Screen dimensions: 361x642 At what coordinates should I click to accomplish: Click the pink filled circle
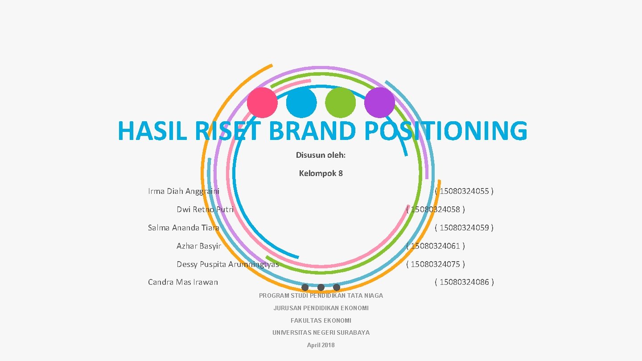[262, 103]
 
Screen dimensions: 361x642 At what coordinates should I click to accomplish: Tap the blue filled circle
[301, 103]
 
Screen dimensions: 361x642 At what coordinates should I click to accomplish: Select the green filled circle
[341, 103]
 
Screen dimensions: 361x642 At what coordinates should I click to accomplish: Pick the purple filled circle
[379, 103]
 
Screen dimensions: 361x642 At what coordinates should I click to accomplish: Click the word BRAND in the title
[313, 131]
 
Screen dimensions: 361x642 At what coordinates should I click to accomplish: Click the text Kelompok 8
[321, 173]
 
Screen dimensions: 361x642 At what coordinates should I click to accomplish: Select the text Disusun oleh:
[321, 155]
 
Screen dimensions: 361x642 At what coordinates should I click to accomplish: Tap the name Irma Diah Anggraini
[184, 191]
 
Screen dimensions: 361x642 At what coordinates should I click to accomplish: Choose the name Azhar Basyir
[199, 246]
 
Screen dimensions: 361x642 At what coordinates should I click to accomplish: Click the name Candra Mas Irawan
[183, 282]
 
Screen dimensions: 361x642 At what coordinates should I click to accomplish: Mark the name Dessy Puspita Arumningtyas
[228, 264]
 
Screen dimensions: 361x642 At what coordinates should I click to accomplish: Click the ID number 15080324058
[436, 209]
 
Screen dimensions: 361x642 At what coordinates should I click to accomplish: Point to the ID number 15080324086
[464, 282]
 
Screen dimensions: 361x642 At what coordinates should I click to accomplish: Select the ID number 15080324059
[464, 227]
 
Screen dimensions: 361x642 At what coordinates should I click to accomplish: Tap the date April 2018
[321, 345]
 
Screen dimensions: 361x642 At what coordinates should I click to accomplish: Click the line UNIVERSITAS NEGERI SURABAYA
[321, 332]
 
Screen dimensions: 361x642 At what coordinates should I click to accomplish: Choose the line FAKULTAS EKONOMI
[321, 320]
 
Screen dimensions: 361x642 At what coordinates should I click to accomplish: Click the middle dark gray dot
[321, 287]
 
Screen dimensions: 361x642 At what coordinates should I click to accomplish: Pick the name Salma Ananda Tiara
[184, 227]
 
